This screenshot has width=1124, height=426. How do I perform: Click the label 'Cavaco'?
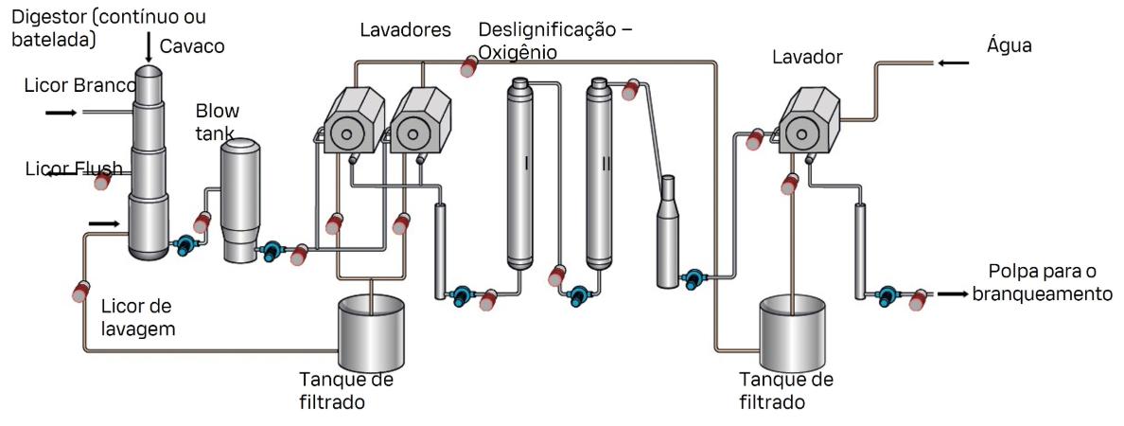[x=192, y=46]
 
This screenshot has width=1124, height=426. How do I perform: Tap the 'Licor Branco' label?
[x=79, y=86]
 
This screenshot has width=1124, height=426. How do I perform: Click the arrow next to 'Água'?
[x=953, y=63]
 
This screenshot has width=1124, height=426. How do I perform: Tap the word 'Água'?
[x=1009, y=45]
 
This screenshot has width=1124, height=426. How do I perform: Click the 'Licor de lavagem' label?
[x=138, y=316]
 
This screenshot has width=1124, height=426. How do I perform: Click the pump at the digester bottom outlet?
[x=183, y=245]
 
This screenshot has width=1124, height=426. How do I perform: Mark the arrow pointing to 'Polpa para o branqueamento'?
[x=952, y=294]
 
